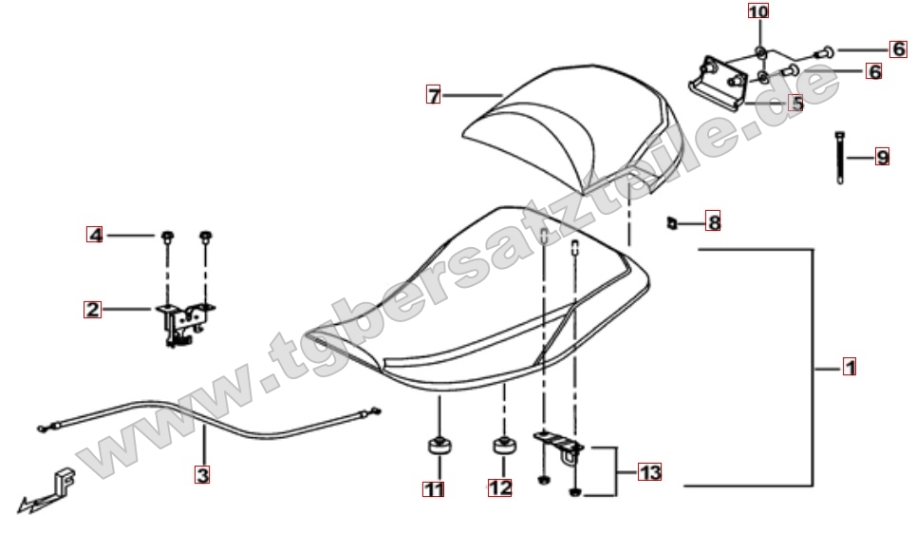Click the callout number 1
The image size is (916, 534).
850,368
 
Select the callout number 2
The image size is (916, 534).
92,309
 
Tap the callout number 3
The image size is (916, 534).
202,474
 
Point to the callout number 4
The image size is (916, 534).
95,235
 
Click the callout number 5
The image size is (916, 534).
796,104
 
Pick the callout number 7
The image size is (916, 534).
434,95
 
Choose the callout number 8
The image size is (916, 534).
713,221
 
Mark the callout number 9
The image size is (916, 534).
882,158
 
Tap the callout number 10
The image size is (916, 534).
758,11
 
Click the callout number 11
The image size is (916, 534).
434,489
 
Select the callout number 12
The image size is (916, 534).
500,487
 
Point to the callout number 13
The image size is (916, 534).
649,472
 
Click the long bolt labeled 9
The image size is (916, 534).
840,158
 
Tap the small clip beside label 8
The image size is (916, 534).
672,223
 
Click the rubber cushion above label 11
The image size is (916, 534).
439,447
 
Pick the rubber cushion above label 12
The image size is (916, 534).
504,446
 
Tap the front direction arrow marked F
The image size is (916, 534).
47,490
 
